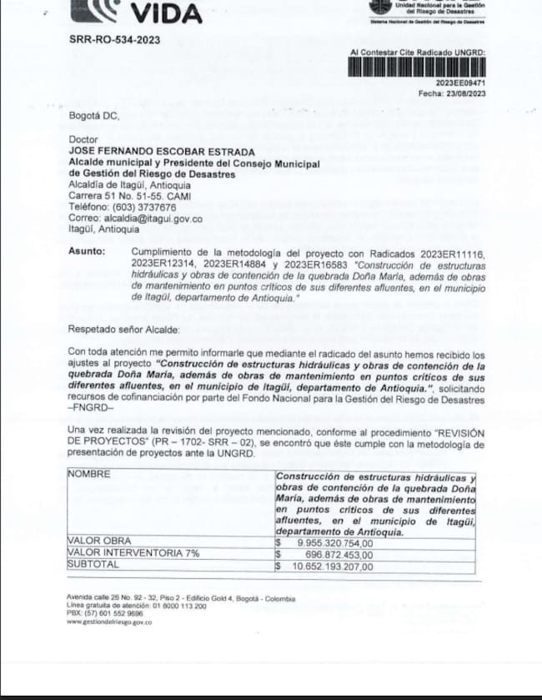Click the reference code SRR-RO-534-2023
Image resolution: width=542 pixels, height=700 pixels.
[114, 40]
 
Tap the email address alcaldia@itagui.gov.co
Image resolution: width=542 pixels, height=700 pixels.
[136, 218]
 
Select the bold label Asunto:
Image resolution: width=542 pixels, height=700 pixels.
[87, 252]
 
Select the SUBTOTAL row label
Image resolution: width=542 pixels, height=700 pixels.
[93, 565]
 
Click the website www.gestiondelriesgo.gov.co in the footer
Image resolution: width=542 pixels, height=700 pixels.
[109, 622]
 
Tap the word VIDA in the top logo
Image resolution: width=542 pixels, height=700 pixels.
[167, 14]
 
